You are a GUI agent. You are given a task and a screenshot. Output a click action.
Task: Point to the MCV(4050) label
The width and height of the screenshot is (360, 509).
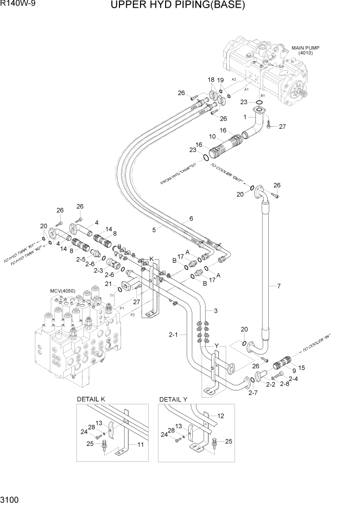(x=63, y=291)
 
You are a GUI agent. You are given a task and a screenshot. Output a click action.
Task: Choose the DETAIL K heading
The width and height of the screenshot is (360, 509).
(x=91, y=399)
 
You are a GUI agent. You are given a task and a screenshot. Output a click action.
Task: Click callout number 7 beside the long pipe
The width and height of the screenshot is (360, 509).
(x=279, y=286)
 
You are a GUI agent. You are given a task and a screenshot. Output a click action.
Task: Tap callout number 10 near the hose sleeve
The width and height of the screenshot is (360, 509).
(x=212, y=136)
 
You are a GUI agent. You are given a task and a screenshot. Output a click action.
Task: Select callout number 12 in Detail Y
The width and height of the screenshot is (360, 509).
(x=221, y=416)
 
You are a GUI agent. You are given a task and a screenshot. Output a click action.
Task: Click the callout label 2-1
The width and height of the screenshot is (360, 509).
(x=173, y=335)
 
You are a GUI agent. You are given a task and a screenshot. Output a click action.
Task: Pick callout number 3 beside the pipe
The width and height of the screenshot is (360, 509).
(x=216, y=311)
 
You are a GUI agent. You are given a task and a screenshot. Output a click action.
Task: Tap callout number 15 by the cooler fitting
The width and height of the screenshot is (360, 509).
(x=301, y=367)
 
